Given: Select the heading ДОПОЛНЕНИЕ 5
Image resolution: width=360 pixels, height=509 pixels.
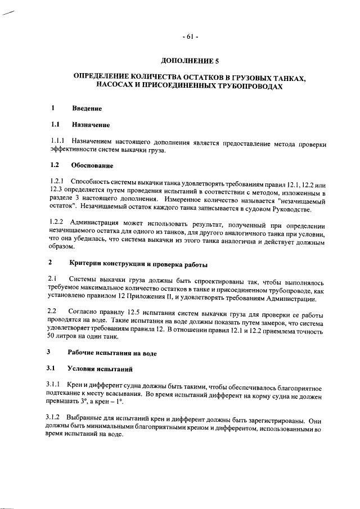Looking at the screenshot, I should [x=189, y=60].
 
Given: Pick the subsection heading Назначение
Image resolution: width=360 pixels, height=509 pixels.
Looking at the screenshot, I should [x=91, y=124].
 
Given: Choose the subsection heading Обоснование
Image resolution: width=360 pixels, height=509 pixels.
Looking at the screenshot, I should [x=92, y=165].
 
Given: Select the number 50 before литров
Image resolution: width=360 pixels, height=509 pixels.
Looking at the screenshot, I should [x=51, y=336].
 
